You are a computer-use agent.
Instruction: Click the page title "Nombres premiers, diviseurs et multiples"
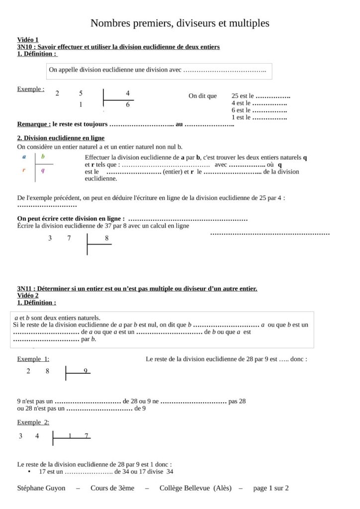tap(180, 23)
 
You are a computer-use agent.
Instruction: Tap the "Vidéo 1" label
tap(28, 40)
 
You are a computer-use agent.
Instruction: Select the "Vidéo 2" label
tap(28, 295)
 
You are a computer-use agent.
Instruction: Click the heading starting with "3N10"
tap(118, 47)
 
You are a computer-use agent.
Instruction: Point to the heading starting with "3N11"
tap(137, 288)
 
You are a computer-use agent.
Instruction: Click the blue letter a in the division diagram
tap(24, 157)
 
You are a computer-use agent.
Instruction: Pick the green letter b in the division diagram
tap(43, 157)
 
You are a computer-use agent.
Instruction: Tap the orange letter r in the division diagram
tap(24, 170)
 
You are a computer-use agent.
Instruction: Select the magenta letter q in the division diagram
tap(43, 170)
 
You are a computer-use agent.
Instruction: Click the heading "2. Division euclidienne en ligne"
tap(61, 138)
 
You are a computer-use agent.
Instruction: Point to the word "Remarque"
tap(34, 124)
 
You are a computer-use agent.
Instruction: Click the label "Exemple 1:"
tap(33, 359)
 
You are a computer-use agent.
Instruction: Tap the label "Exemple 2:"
tap(33, 422)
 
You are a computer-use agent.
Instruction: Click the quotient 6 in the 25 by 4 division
tap(128, 105)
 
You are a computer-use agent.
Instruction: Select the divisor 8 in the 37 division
tap(106, 238)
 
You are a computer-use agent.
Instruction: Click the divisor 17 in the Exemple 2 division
tap(79, 436)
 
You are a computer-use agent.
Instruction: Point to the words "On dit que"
tap(202, 96)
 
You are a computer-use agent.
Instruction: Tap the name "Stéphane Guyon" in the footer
tap(41, 488)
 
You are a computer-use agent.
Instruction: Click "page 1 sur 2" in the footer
tap(271, 488)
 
